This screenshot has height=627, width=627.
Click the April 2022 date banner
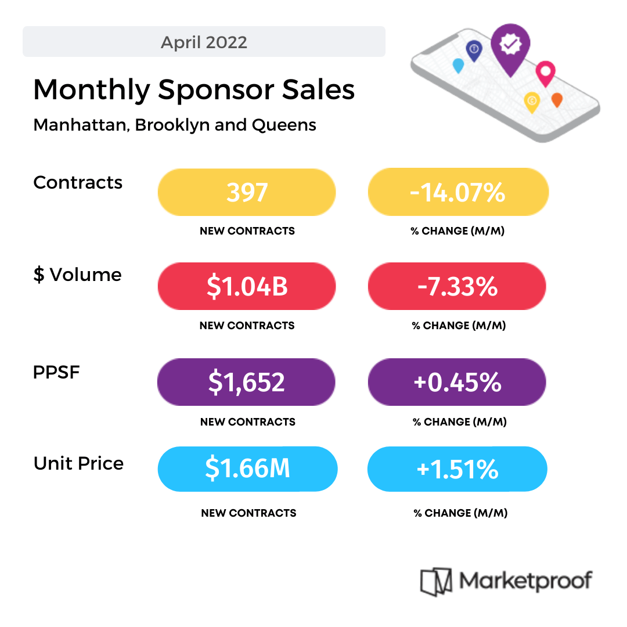point(204,42)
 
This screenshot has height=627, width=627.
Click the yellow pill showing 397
point(247,192)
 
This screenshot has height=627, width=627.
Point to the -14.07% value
point(457,192)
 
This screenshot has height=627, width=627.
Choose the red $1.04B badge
point(247,286)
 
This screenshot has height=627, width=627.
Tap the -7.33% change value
point(457,286)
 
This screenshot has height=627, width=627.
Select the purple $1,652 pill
point(246,382)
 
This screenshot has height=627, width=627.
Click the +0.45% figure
point(457,382)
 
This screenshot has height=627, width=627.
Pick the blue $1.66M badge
point(247,469)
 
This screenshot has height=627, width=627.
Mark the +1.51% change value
point(457,469)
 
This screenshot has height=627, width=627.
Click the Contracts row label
point(78,182)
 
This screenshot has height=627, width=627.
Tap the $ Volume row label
point(77,275)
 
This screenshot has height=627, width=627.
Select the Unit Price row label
point(78,463)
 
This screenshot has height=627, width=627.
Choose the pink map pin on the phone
point(545,72)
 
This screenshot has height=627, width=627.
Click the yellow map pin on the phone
point(531,101)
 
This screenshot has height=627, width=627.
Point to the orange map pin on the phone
point(557,99)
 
